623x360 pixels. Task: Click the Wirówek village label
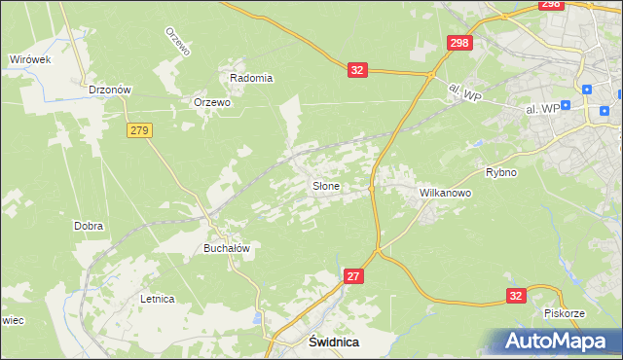tap(30, 59)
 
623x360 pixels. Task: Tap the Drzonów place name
tap(109, 90)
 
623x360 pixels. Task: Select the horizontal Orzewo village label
tap(212, 102)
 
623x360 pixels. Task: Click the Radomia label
tap(251, 78)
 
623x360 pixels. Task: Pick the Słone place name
tap(325, 185)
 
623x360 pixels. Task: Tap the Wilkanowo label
tap(445, 194)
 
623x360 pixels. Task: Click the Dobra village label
tap(89, 226)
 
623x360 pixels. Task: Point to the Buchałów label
tap(227, 248)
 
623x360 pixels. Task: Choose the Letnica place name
tap(157, 299)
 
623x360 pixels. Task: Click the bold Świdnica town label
tap(334, 342)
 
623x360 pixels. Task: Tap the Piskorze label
tap(565, 313)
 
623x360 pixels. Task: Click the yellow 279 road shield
tap(138, 129)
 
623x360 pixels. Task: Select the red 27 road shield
tap(354, 277)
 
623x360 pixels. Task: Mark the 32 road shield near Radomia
tap(358, 70)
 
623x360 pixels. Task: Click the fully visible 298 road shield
tap(460, 44)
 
